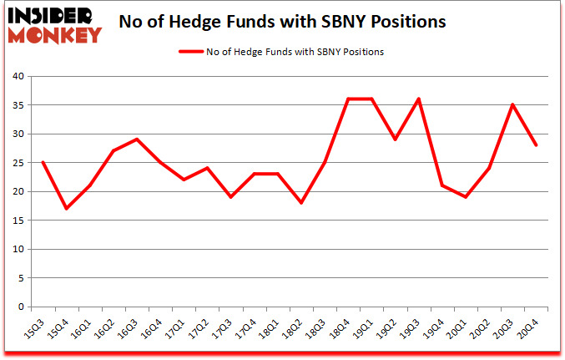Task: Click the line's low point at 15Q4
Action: pyautogui.click(x=66, y=209)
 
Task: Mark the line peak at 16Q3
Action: pyautogui.click(x=136, y=139)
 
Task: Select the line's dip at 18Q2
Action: pyautogui.click(x=300, y=203)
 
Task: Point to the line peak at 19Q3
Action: pyautogui.click(x=418, y=99)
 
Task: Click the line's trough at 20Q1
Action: pyautogui.click(x=466, y=197)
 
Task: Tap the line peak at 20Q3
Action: pyautogui.click(x=512, y=105)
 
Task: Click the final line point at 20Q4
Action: pyautogui.click(x=536, y=145)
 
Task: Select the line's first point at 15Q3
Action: pyautogui.click(x=42, y=163)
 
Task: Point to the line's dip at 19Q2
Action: pyautogui.click(x=395, y=139)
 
